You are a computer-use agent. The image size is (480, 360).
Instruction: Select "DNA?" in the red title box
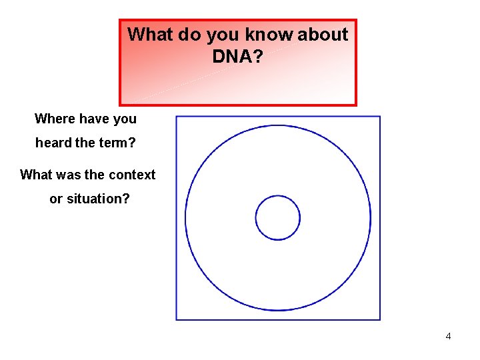(238, 57)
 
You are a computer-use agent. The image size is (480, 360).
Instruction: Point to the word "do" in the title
(190, 35)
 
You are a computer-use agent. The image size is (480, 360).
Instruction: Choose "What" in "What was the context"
(35, 175)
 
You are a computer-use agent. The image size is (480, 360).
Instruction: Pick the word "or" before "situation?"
(56, 199)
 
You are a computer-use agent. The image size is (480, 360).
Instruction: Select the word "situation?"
(99, 199)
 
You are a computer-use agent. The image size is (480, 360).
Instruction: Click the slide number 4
(448, 336)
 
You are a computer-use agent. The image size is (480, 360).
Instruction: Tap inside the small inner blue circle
(278, 217)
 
